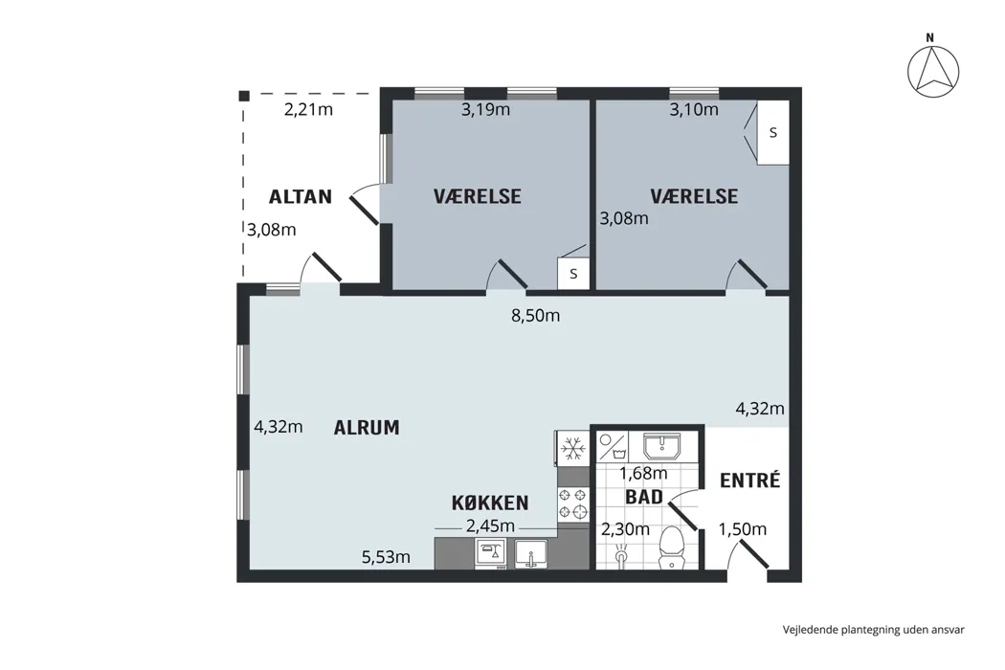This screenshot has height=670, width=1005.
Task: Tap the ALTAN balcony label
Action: (300, 196)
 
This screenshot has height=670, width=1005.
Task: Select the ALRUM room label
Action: (367, 427)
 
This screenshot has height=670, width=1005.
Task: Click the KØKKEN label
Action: (490, 502)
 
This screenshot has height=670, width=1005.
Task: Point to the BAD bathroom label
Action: (644, 497)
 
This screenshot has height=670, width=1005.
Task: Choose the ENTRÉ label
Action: (749, 480)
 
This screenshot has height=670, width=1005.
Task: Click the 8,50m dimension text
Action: (535, 316)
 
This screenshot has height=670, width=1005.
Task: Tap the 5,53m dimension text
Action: (386, 557)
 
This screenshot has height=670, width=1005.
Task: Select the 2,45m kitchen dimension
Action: (490, 526)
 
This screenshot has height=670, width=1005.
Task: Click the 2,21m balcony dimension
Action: (308, 110)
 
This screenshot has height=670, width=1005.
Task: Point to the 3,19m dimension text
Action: (486, 110)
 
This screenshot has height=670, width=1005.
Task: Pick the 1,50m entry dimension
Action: (742, 529)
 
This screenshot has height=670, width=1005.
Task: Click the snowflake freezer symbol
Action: (573, 448)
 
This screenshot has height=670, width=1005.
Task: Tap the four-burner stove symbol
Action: (573, 502)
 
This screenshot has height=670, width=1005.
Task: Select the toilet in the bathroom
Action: (672, 547)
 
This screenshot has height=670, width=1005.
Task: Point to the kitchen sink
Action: (530, 554)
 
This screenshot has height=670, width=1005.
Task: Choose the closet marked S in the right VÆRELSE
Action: (773, 133)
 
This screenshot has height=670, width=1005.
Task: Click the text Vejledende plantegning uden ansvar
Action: (873, 630)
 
